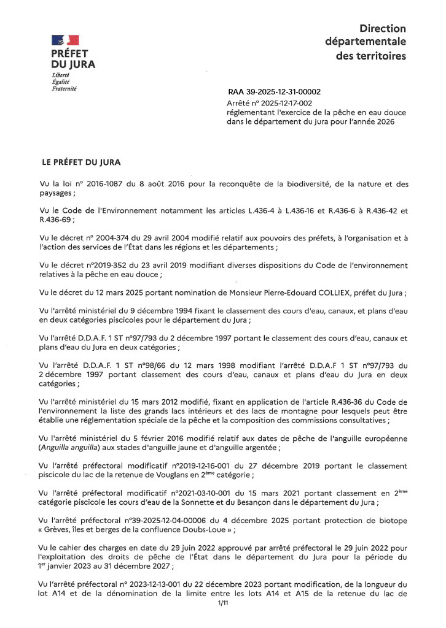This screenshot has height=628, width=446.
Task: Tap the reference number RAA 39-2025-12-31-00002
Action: [274, 92]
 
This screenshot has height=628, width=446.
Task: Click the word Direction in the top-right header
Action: [383, 28]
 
